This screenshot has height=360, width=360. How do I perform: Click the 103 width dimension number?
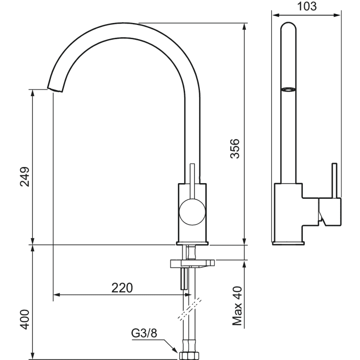coord(307,6)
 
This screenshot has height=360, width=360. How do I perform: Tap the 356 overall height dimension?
coord(235,148)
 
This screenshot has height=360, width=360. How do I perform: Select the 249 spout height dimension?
coord(25,177)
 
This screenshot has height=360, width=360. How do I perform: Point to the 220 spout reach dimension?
coord(122,288)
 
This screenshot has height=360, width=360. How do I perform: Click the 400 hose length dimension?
coord(25,319)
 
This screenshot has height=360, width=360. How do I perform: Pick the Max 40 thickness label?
coord(237,306)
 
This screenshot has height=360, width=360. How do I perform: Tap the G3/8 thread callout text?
coord(144,333)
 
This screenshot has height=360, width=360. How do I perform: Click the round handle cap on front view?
coord(192,212)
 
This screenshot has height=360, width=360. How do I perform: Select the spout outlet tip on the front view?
coord(55,90)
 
